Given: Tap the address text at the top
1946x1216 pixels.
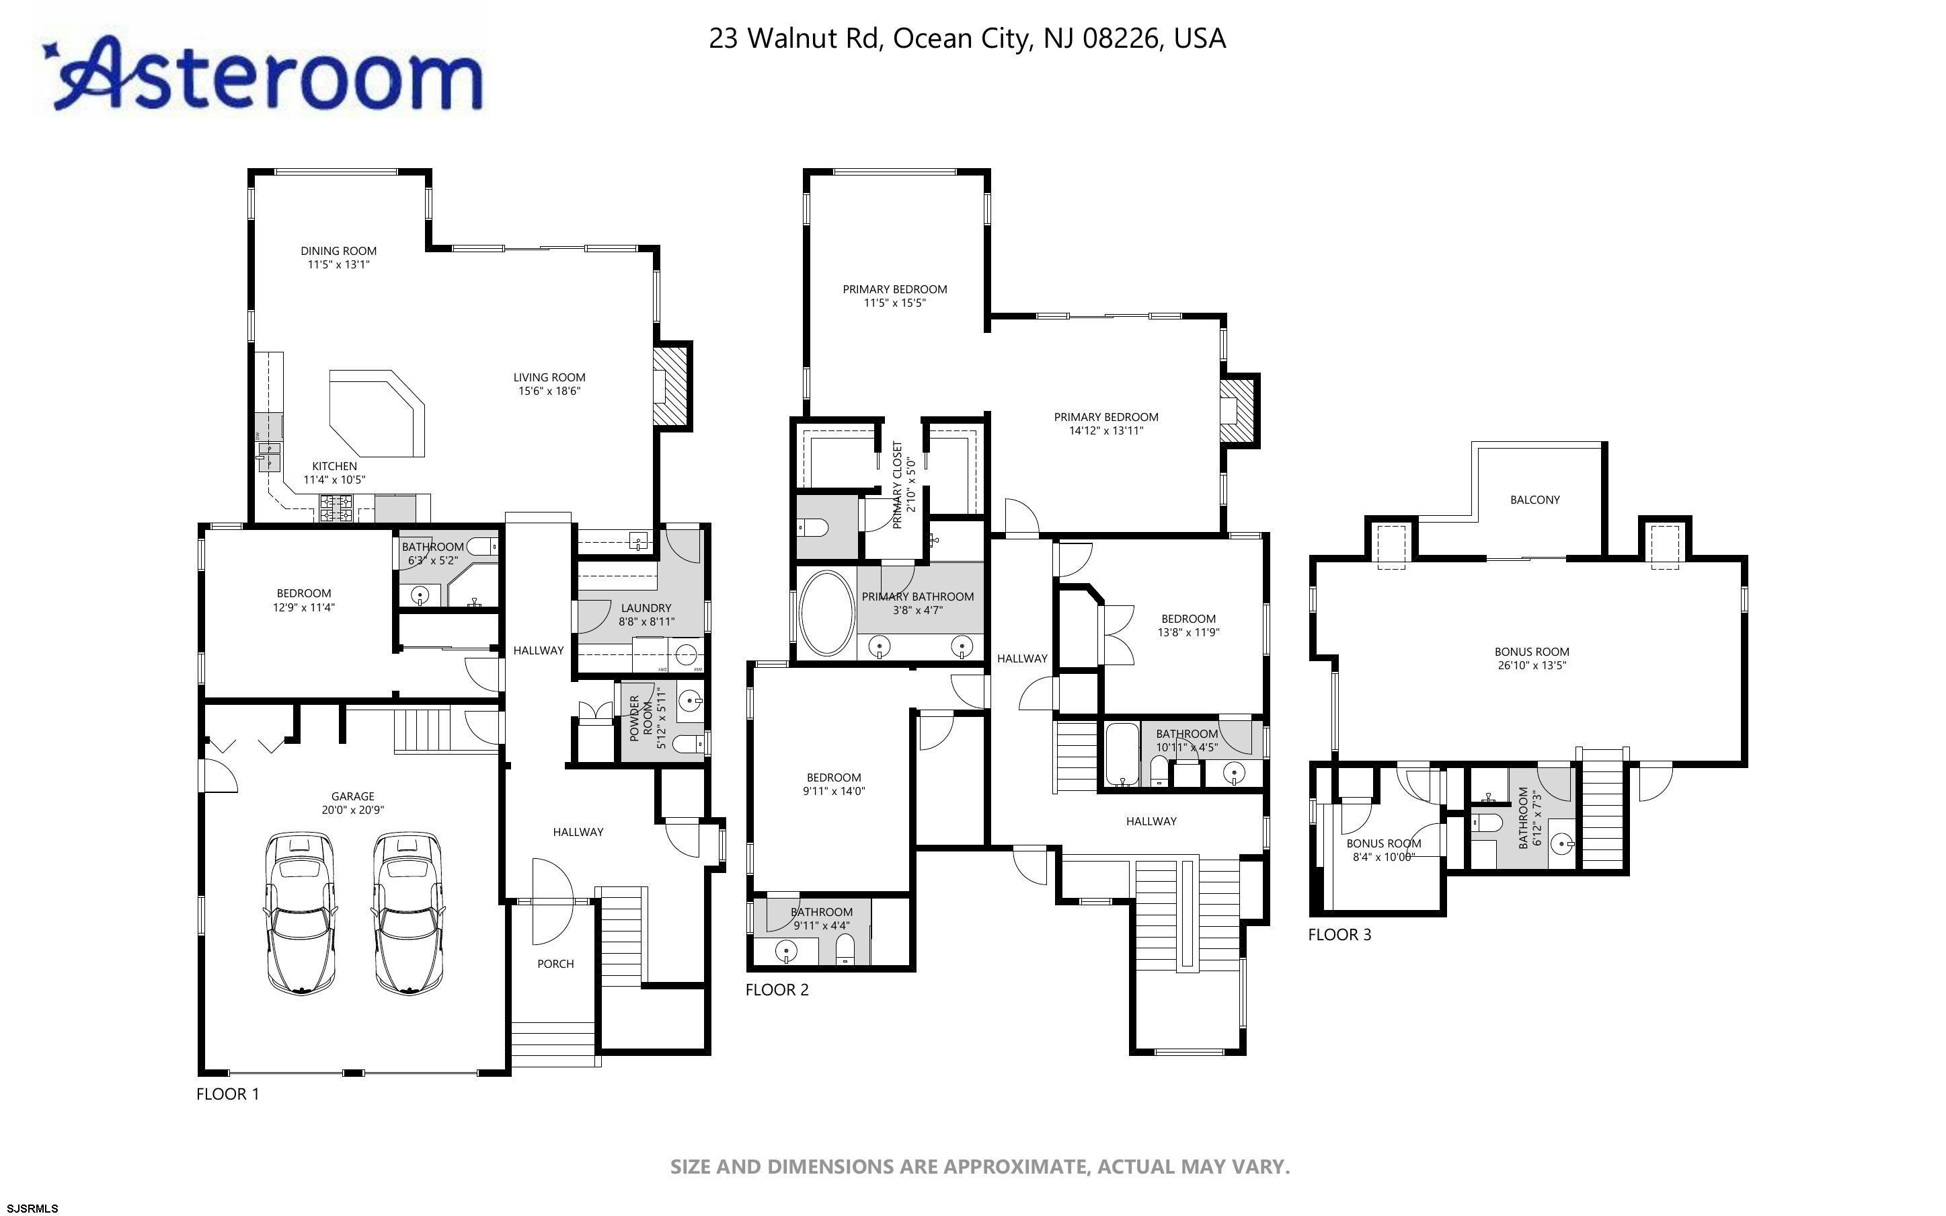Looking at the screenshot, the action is pyautogui.click(x=967, y=38).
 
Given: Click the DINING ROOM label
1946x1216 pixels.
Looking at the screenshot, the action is pyautogui.click(x=338, y=251).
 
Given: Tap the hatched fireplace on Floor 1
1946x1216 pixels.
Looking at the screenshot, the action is pyautogui.click(x=671, y=385).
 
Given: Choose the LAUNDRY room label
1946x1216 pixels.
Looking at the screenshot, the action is pyautogui.click(x=646, y=608).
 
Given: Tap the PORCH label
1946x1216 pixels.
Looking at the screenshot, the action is pyautogui.click(x=555, y=964).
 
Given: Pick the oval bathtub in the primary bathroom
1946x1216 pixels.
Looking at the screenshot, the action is pyautogui.click(x=826, y=613).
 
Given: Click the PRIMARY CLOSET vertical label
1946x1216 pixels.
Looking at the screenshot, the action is pyautogui.click(x=898, y=485).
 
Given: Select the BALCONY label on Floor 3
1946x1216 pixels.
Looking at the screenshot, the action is pyautogui.click(x=1534, y=500).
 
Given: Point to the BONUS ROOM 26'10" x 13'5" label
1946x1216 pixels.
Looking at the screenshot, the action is pyautogui.click(x=1532, y=658).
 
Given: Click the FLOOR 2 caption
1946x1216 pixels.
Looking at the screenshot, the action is pyautogui.click(x=777, y=990).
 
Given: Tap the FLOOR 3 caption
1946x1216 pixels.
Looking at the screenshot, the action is pyautogui.click(x=1340, y=934).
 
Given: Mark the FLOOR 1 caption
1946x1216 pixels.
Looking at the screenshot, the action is pyautogui.click(x=228, y=1094).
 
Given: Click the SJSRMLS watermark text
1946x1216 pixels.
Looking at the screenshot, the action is pyautogui.click(x=30, y=1208).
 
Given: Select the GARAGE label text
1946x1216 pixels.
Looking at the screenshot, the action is pyautogui.click(x=353, y=796).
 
